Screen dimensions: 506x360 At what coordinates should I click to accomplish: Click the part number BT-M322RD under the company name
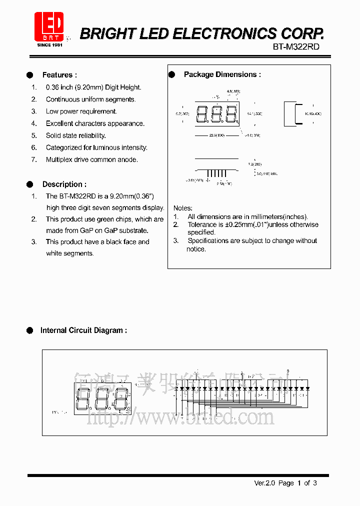pos(296,47)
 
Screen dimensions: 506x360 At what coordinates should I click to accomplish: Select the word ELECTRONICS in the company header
pos(221,33)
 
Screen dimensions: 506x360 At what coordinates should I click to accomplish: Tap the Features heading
pos(59,75)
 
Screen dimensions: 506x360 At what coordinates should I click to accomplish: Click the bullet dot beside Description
pos(29,184)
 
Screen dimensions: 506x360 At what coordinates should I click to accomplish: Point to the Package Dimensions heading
pos(222,74)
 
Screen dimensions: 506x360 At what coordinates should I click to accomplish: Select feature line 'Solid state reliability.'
pos(75,135)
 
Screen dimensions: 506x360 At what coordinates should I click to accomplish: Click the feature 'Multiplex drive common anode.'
pos(91,159)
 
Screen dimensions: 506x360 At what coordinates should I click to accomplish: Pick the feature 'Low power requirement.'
pos(81,111)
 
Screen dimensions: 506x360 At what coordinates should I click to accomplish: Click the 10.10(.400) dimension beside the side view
pos(312,114)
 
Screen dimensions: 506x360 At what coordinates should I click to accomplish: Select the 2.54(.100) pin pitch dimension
pos(223,184)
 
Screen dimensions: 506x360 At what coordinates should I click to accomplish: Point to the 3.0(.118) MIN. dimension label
pos(266,173)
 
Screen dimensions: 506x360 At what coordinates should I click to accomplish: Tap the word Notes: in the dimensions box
pos(182,208)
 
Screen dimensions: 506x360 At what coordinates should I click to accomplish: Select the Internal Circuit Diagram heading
pos(83,330)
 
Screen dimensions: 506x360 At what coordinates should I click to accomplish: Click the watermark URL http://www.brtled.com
pos(180,416)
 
